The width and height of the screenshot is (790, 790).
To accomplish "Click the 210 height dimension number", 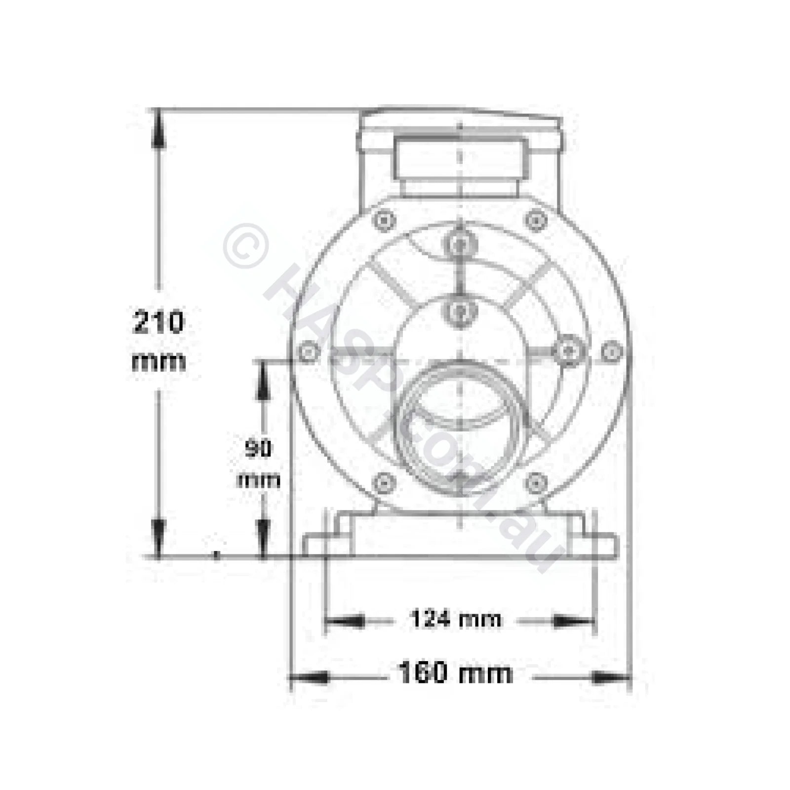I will pyautogui.click(x=158, y=323).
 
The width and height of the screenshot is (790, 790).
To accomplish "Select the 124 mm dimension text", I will pyautogui.click(x=455, y=619).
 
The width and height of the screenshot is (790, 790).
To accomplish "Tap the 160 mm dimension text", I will pyautogui.click(x=455, y=673).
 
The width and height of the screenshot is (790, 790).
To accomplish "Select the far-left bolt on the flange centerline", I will pyautogui.click(x=309, y=352).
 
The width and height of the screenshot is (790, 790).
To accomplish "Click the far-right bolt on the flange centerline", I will pyautogui.click(x=612, y=352).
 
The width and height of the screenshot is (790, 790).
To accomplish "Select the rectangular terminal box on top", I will pyautogui.click(x=460, y=158).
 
